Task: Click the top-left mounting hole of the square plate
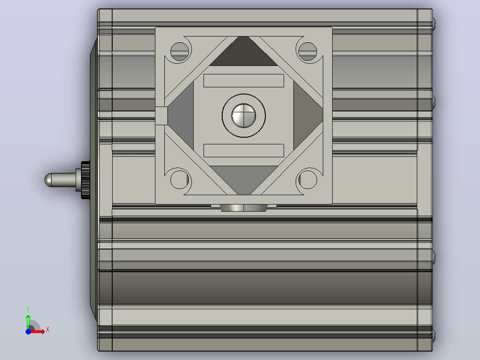pyautogui.click(x=180, y=52)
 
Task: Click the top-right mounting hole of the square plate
pyautogui.click(x=308, y=52)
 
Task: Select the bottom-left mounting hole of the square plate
pyautogui.click(x=180, y=180)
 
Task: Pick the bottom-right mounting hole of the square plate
pyautogui.click(x=308, y=180)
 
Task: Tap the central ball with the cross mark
pyautogui.click(x=244, y=116)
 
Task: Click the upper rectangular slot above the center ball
pyautogui.click(x=244, y=81)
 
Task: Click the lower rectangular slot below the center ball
pyautogui.click(x=244, y=151)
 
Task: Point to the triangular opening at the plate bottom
pyautogui.click(x=244, y=178)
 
